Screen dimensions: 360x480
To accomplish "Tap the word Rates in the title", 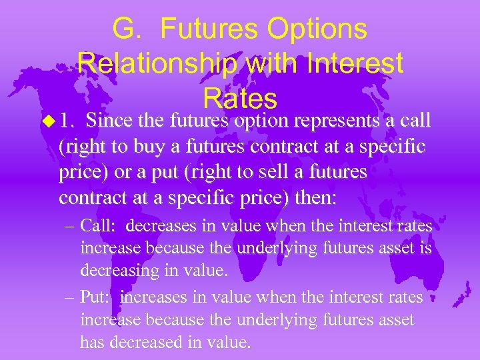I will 240,99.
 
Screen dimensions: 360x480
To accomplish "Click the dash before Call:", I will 71,227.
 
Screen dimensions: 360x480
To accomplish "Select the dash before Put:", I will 71,297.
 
